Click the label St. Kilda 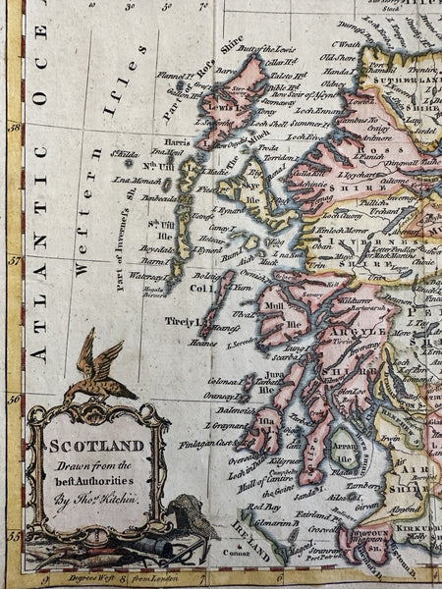(x=125, y=154)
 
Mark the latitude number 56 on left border (x=16, y=399)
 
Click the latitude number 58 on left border (x=16, y=127)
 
